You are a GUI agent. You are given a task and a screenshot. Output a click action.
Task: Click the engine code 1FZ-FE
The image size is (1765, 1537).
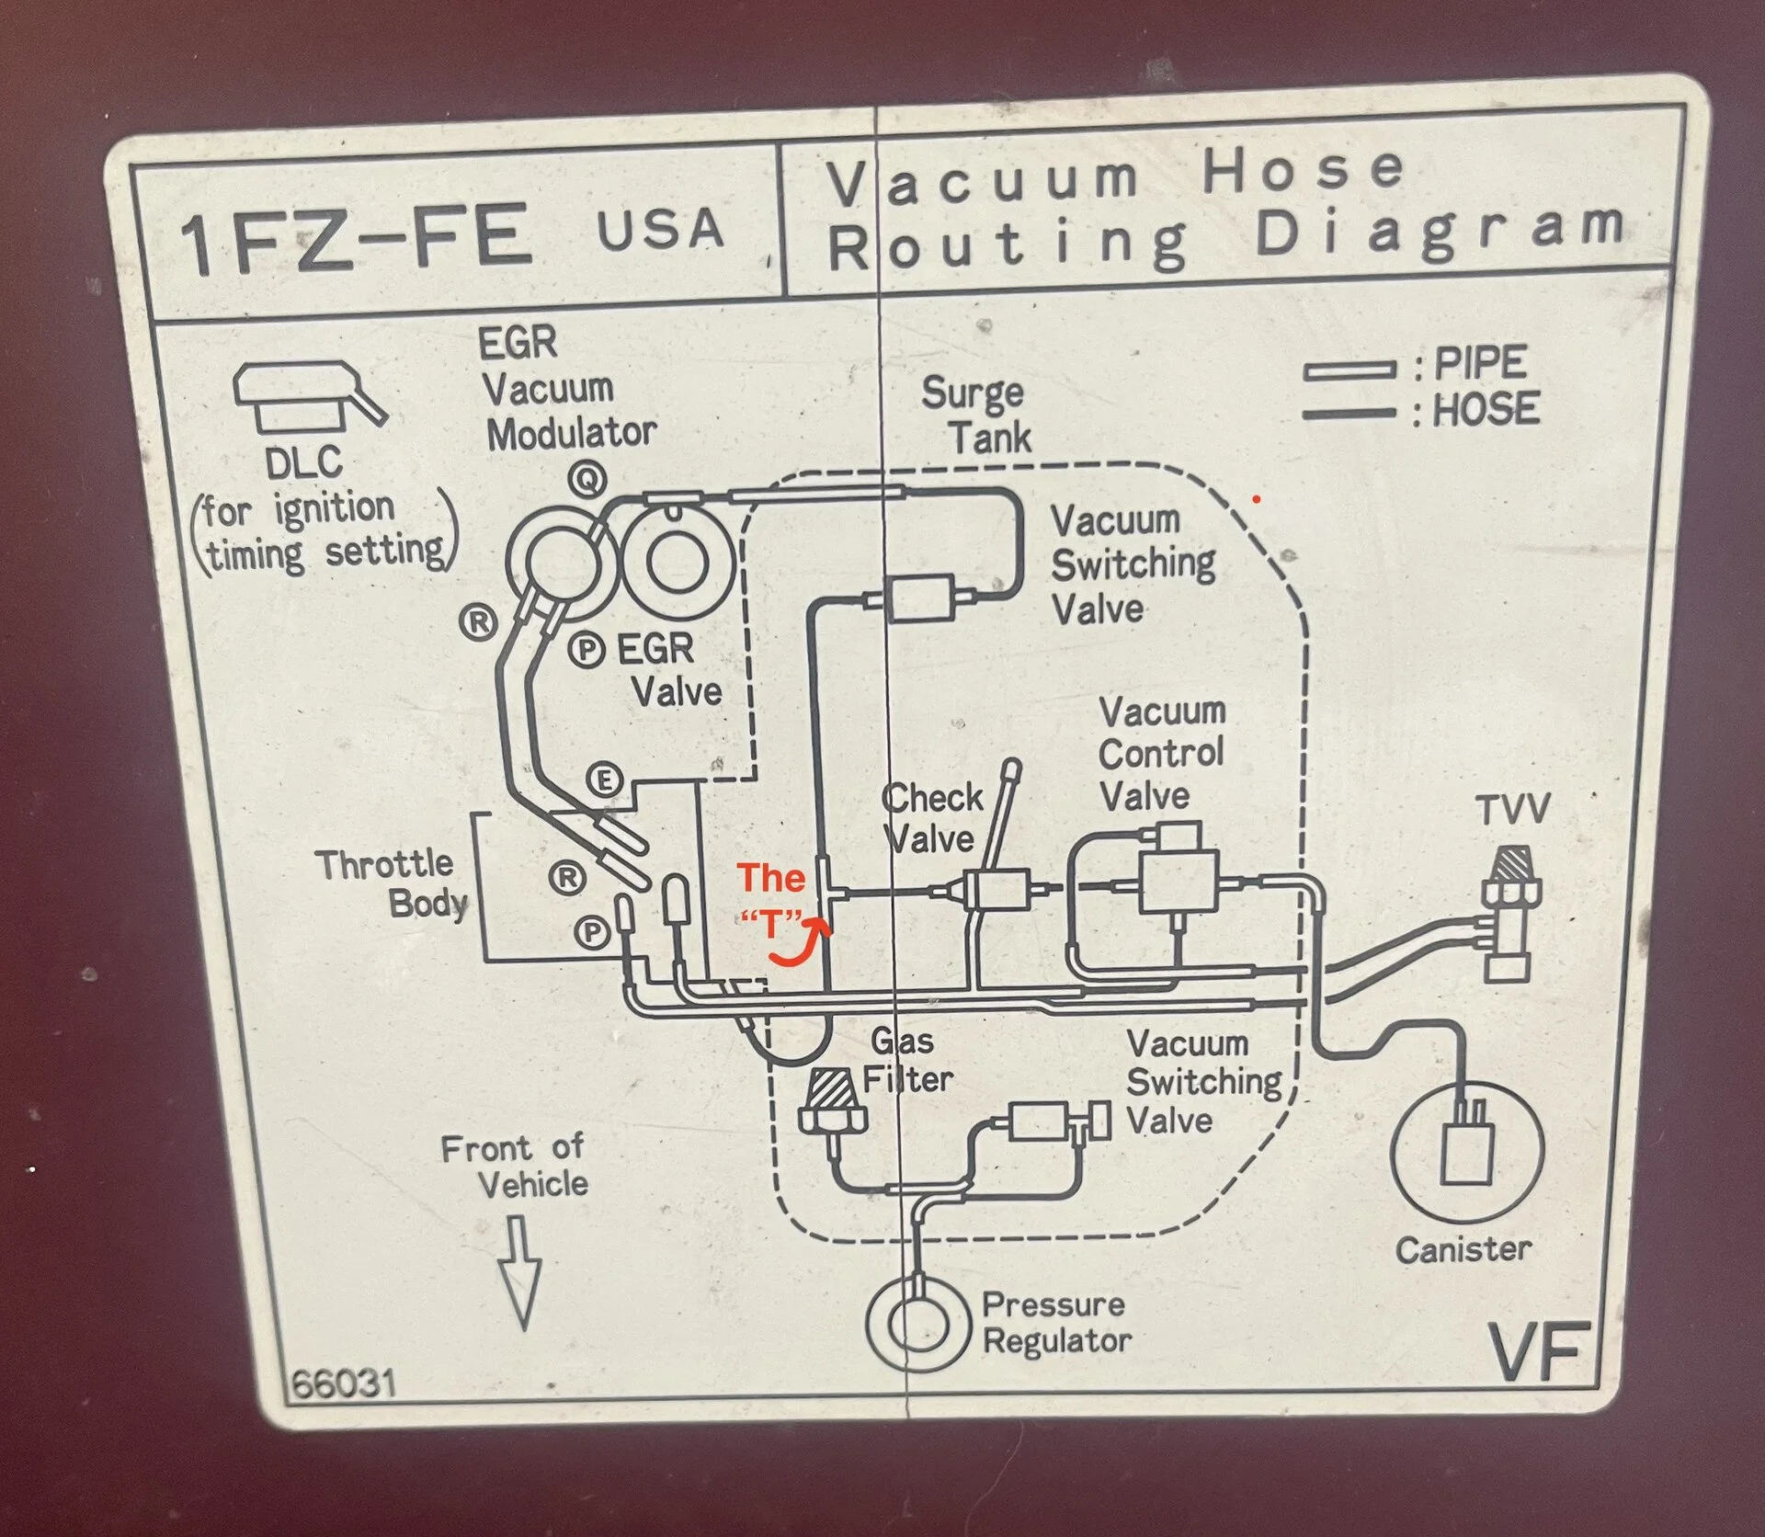coord(356,238)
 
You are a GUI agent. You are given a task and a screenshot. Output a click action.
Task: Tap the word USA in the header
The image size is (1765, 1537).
coord(660,229)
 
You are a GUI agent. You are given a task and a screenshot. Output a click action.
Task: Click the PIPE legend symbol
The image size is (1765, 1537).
coord(1349,371)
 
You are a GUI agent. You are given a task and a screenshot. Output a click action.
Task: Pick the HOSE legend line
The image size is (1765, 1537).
coord(1349,414)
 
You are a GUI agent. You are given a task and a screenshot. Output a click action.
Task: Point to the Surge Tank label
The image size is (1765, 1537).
coord(976,416)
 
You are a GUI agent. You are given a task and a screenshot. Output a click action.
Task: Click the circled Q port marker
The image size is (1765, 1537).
coord(586,478)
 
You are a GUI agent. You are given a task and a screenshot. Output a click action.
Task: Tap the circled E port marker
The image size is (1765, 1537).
coord(605,781)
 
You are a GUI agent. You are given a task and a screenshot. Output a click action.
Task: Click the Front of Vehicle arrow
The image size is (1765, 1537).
coord(520,1272)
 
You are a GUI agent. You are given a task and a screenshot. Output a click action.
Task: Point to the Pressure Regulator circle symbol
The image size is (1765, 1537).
coord(917,1322)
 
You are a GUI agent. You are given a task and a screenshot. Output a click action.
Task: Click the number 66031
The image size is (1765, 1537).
coord(344,1383)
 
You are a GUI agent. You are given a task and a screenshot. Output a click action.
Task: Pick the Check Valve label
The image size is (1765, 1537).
coord(930,817)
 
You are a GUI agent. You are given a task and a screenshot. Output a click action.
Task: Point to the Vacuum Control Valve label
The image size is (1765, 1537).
coord(1160,754)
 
